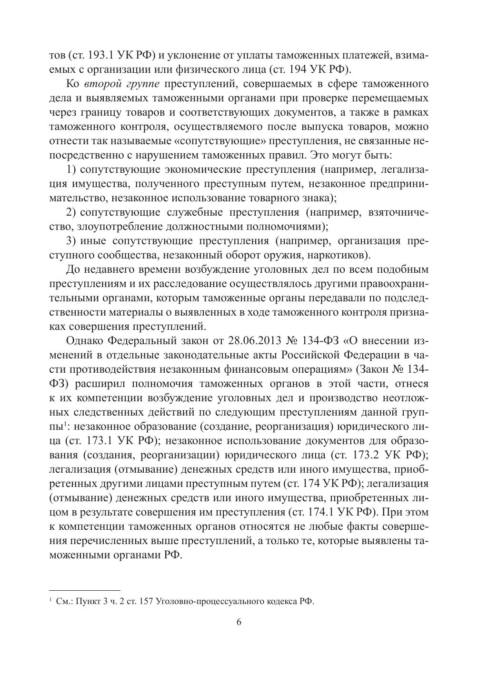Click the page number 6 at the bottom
point(239,623)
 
